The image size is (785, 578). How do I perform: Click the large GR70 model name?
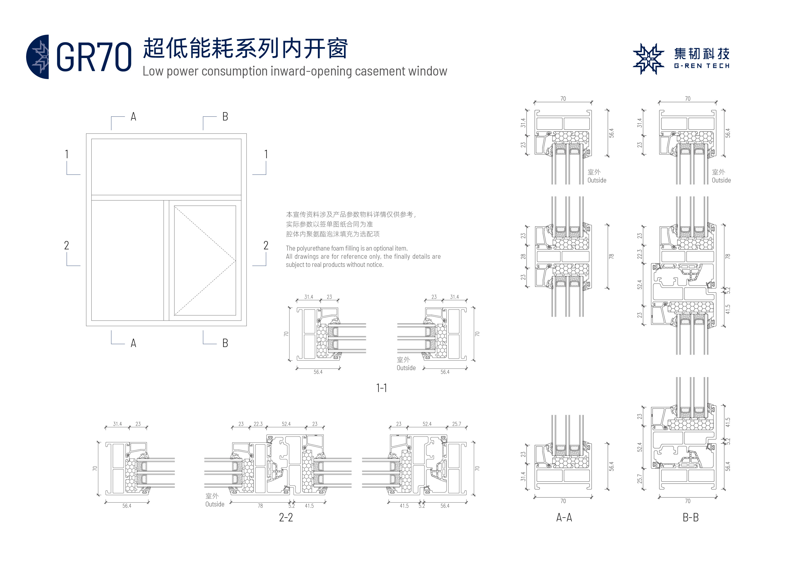94,57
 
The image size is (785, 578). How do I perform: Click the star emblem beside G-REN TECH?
648,59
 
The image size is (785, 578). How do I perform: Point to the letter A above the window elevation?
133,117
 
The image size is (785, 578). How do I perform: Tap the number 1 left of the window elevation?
66,154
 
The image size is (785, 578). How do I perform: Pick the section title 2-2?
286,517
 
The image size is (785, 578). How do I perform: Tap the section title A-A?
564,517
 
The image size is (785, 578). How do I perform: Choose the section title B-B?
691,517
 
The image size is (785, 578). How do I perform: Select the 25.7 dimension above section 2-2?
456,424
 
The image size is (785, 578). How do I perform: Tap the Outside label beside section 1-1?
406,368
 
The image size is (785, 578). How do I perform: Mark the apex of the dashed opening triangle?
235,261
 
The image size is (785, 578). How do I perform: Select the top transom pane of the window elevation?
166,167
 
